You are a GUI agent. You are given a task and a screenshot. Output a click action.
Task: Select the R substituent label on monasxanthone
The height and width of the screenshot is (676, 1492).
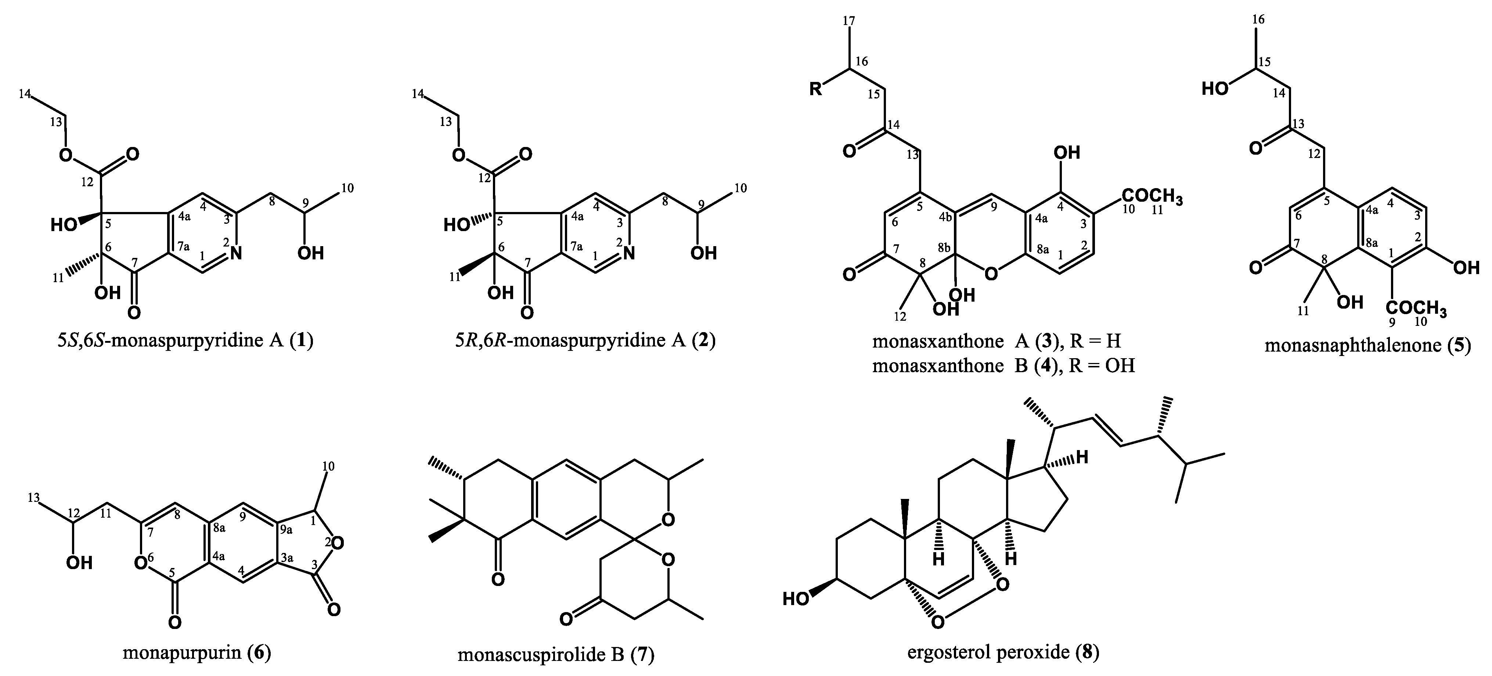pos(815,90)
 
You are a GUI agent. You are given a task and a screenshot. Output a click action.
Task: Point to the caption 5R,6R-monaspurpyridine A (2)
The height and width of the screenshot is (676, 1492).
pos(585,341)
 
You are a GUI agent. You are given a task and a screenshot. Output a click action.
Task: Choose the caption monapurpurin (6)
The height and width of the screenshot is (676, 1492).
pos(197,653)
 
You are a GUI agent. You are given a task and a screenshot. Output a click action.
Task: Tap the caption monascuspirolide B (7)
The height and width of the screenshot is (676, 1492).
pos(556,655)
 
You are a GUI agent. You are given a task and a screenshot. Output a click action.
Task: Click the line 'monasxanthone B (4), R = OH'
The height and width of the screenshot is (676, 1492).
pos(1003,366)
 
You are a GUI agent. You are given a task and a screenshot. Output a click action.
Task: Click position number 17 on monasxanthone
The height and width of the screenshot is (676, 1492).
pos(849,21)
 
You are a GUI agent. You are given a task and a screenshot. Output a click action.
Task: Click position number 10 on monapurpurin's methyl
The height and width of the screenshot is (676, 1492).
pos(328,466)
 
